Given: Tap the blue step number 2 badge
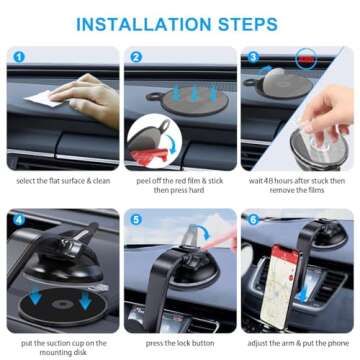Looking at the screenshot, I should pos(137,57).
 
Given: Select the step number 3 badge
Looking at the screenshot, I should pos(253,57).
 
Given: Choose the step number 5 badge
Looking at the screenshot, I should pos(137,218).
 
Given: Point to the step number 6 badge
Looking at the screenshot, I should pos(253,218).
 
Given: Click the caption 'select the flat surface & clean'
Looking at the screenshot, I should pos(64,181).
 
